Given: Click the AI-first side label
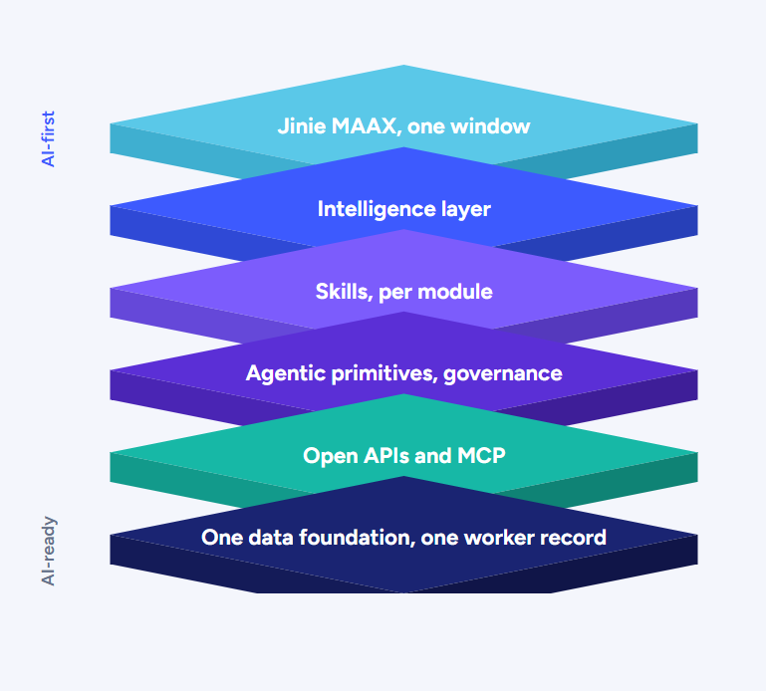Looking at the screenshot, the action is [x=49, y=139].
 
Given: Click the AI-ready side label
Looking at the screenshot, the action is [x=49, y=551].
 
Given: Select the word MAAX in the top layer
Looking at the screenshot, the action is [x=364, y=126].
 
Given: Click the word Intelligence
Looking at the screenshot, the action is [x=377, y=209].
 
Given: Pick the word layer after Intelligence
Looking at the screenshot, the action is [x=466, y=210].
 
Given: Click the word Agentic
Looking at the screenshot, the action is [x=286, y=374].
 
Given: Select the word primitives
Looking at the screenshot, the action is [x=383, y=374].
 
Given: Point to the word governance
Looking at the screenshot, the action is [x=503, y=374].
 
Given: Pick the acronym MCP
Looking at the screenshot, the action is [x=481, y=456].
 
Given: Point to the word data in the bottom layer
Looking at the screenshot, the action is [x=271, y=538].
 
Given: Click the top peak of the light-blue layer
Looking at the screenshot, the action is [x=404, y=65].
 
